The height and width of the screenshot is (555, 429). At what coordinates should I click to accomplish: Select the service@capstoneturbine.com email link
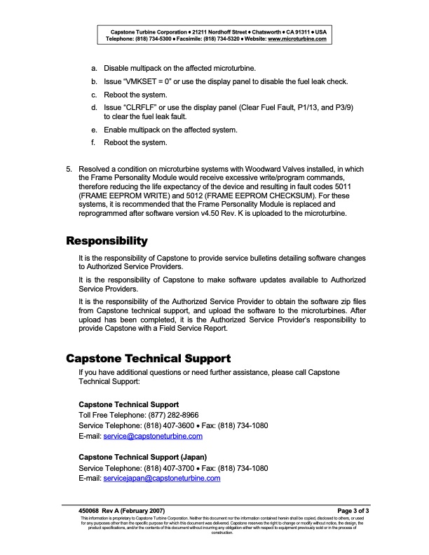[153, 436]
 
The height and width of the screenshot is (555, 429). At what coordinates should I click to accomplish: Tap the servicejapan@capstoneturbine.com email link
[162, 479]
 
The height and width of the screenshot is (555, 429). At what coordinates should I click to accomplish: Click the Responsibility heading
[107, 241]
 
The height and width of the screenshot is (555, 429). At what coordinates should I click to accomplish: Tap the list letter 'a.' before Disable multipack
[95, 68]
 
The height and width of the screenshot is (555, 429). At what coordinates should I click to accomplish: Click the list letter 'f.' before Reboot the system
[95, 143]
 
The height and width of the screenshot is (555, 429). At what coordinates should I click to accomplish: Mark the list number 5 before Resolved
[69, 170]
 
